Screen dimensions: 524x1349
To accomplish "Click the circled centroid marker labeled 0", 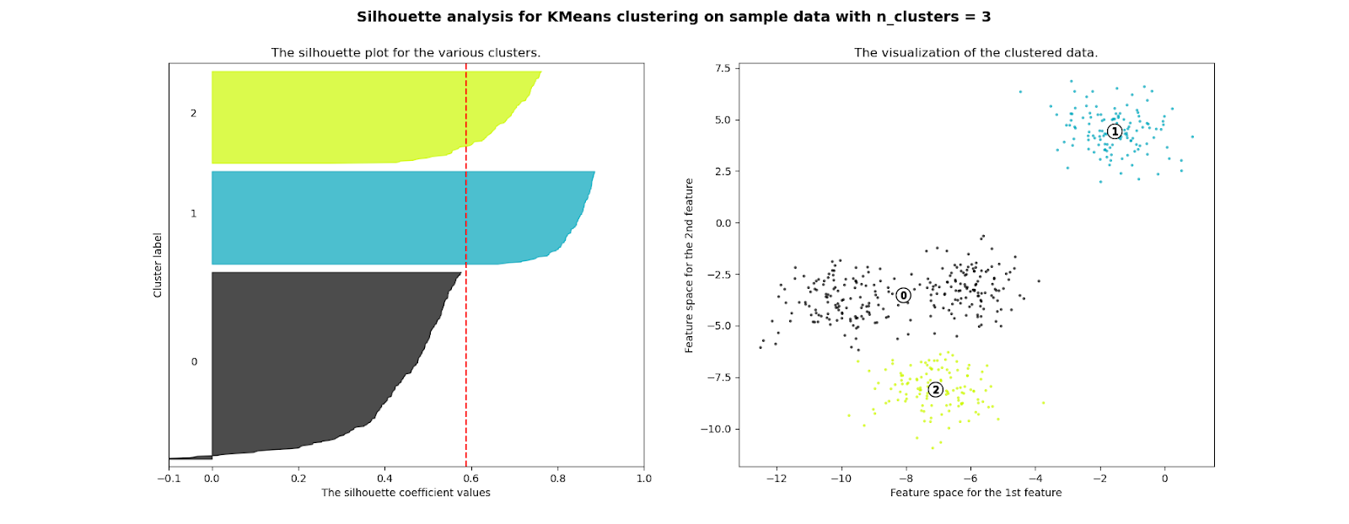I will coord(903,295).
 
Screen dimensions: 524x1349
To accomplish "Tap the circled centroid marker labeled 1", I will coord(1115,131).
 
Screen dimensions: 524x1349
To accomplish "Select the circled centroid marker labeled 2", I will coord(935,389).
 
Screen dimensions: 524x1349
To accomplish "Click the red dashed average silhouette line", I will coord(466,253).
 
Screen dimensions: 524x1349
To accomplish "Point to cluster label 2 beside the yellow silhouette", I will coord(193,113).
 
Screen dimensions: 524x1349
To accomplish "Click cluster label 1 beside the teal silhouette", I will coord(193,214).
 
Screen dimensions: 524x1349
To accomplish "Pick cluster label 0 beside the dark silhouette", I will coord(194,362).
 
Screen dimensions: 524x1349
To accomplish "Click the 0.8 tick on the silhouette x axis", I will coord(557,479).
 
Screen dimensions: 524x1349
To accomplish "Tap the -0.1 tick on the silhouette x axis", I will coord(169,479).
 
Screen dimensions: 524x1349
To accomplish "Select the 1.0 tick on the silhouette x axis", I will coord(644,479).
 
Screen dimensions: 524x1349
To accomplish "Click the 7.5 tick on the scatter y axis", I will coord(723,68).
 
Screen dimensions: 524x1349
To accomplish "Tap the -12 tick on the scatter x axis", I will coord(776,479).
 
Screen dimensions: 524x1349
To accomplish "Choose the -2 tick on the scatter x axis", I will coord(1099,479).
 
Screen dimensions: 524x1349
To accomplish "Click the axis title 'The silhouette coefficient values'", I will coord(406,493).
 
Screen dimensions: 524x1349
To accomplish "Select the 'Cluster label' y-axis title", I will coord(158,265).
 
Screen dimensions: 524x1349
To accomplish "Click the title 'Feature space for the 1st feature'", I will coord(975,493).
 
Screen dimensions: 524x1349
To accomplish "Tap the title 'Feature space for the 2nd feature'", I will coord(689,265).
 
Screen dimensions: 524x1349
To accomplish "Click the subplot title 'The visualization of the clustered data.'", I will coord(975,52).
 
